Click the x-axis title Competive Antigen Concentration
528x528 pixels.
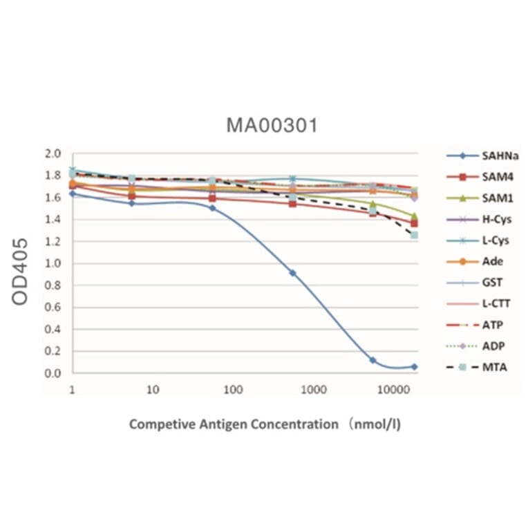265,424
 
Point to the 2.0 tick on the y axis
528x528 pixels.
54,153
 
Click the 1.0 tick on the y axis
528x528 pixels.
54,263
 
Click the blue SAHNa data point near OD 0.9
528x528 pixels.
292,273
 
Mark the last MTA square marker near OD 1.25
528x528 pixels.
414,235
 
